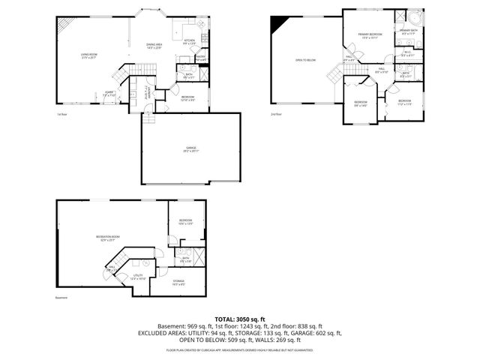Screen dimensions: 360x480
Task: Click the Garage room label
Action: click(x=181, y=149)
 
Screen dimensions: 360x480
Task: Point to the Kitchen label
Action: click(x=189, y=42)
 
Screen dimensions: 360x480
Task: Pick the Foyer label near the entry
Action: click(x=110, y=94)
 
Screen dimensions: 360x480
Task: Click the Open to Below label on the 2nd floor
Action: click(x=304, y=60)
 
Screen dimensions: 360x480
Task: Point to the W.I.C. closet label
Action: click(x=407, y=53)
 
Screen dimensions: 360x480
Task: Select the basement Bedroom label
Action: click(x=185, y=221)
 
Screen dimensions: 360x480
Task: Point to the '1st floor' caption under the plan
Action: click(x=62, y=114)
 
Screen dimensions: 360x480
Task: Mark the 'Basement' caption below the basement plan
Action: click(x=61, y=298)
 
